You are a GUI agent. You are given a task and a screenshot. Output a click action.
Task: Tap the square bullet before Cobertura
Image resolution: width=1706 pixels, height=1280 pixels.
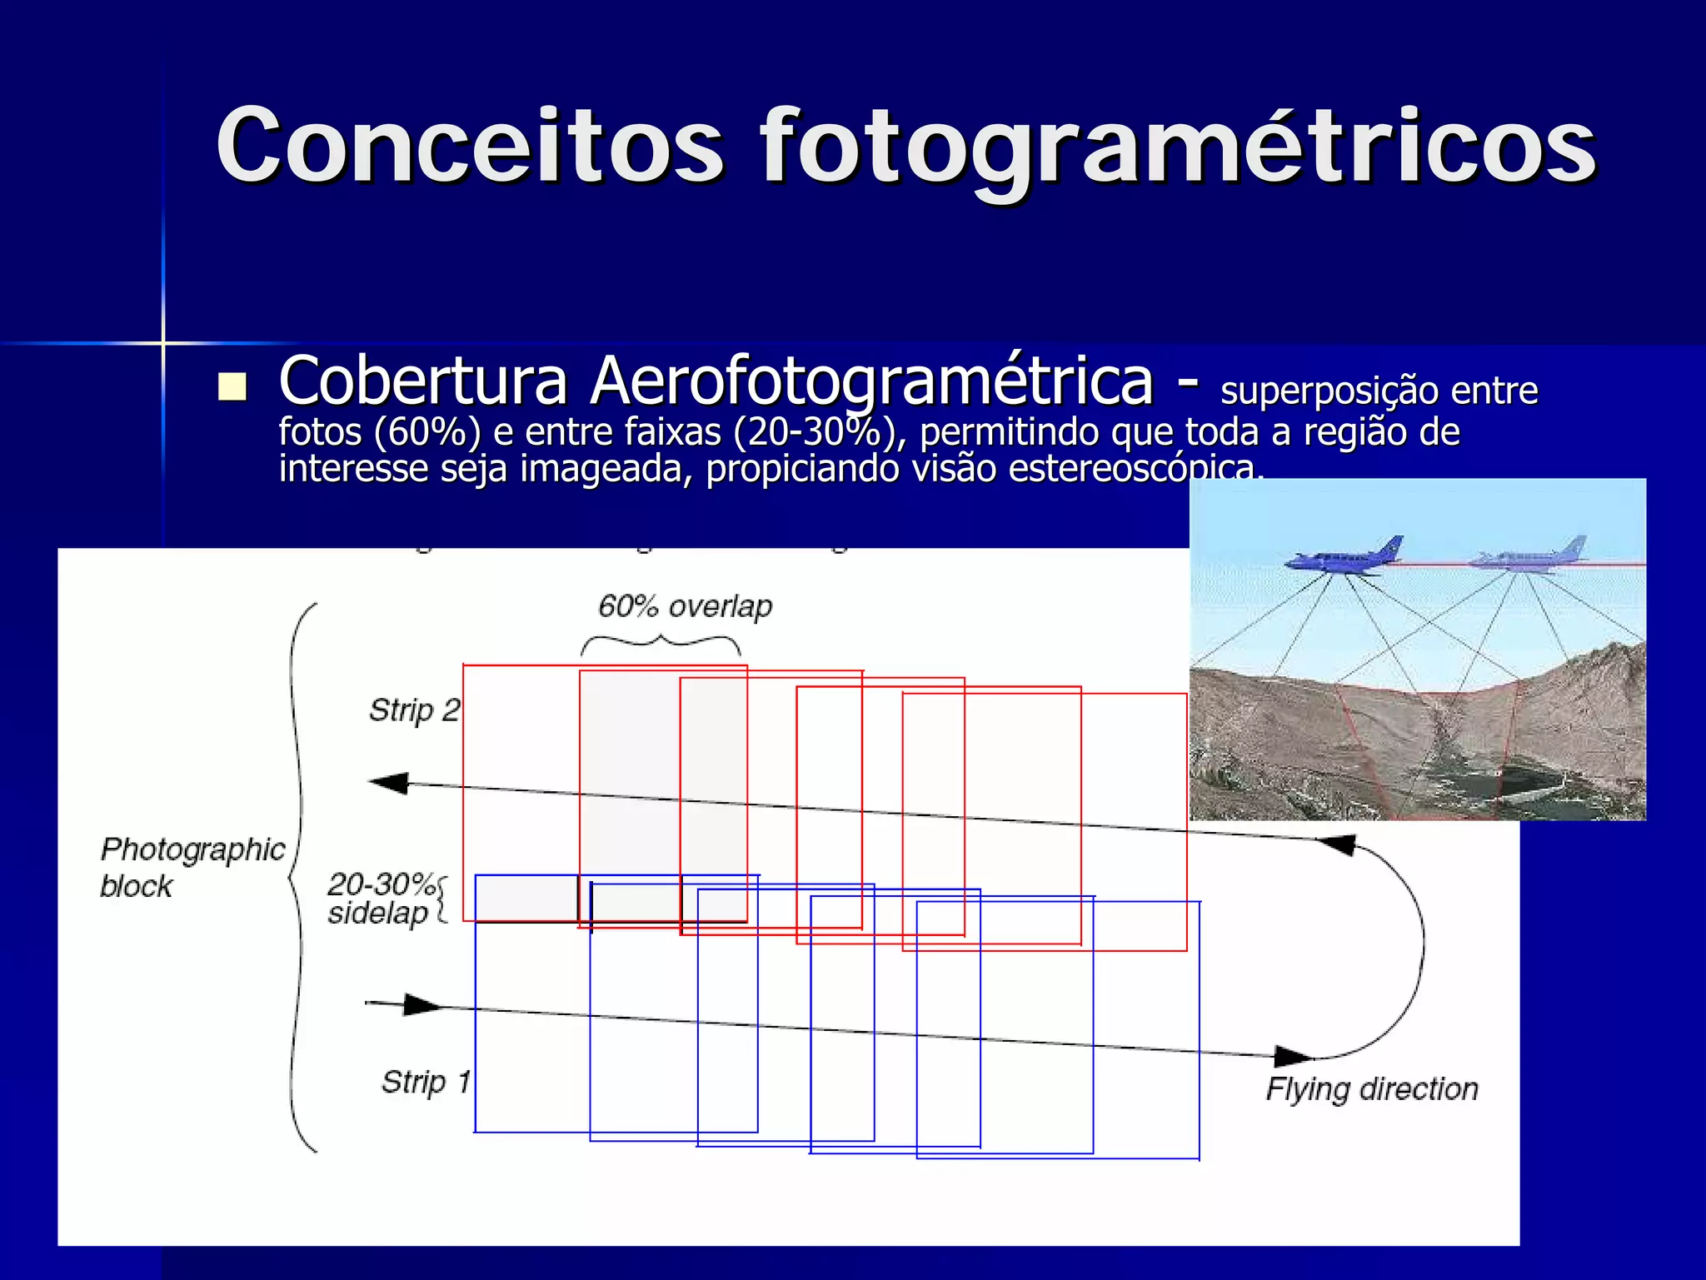click(x=232, y=386)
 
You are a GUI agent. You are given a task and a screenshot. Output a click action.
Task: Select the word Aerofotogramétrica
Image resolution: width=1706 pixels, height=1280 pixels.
click(x=871, y=382)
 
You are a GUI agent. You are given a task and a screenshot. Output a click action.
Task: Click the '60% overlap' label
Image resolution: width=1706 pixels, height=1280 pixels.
click(x=685, y=606)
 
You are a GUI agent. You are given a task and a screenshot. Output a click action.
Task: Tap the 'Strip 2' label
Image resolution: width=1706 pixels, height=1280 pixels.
click(x=414, y=710)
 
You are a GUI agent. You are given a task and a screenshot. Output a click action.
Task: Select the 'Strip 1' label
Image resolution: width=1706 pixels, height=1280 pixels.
click(x=426, y=1082)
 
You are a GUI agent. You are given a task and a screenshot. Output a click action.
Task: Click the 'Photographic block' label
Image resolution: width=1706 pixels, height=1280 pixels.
click(x=192, y=867)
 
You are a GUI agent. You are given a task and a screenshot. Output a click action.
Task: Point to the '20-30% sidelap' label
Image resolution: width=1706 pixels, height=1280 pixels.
click(x=381, y=899)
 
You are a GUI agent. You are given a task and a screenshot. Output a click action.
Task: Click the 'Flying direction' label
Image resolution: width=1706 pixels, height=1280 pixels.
click(x=1371, y=1089)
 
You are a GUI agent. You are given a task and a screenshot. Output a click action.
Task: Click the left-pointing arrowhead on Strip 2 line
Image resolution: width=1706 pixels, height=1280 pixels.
click(x=390, y=783)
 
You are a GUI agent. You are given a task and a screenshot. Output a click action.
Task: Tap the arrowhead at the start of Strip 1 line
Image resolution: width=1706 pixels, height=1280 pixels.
click(x=422, y=1005)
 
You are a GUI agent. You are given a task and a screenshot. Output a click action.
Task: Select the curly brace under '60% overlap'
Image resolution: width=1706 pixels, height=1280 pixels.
click(x=661, y=643)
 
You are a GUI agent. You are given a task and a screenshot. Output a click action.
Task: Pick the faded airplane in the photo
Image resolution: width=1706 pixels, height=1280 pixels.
click(x=1529, y=555)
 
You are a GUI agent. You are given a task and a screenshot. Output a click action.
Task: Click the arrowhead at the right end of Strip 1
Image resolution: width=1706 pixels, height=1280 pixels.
click(x=1293, y=1056)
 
